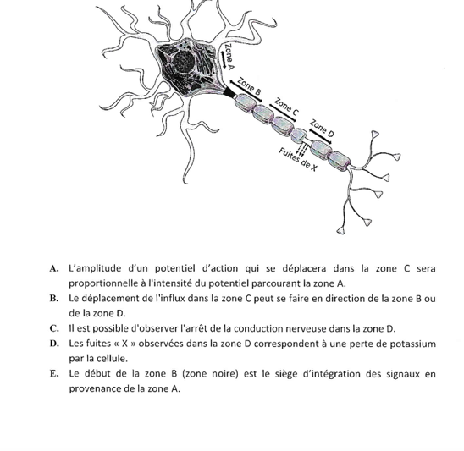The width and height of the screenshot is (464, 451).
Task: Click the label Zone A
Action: pos(229,57)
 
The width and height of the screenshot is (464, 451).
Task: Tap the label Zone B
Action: pos(250,86)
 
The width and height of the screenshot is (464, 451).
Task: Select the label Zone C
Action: pos(286,107)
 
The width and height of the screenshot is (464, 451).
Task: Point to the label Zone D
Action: pos(322,129)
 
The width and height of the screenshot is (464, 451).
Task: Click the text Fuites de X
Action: pos(298,160)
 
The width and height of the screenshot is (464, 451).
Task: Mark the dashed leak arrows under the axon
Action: pos(301,149)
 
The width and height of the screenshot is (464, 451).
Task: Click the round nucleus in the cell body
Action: pos(184,62)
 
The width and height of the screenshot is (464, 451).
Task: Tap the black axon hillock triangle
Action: pos(229,93)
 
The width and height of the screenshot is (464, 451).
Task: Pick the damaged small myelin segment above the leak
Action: pos(298,135)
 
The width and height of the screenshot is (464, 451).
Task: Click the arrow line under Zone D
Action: pos(320,136)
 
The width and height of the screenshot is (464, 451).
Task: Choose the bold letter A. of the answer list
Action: pos(54,269)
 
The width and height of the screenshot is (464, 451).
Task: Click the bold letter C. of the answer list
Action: pos(54,328)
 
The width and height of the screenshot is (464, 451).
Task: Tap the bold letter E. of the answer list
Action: pos(54,374)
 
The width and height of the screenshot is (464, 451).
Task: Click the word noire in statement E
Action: pos(225,374)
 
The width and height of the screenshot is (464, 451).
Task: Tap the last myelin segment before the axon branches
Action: pos(340,161)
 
